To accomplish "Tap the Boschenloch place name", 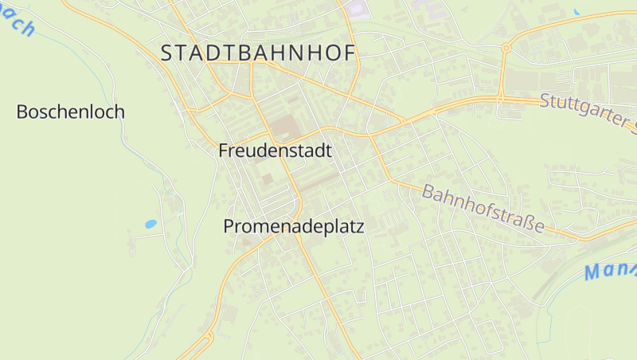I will pos(71,112).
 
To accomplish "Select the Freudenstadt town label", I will pos(275,151).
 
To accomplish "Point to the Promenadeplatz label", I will pos(293,226).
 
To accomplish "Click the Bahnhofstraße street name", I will pos(483,209).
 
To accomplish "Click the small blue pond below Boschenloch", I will pos(150,225).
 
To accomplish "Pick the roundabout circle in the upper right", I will pos(506,48).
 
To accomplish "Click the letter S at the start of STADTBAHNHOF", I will pos(167,53).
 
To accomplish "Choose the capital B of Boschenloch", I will pos(21,112).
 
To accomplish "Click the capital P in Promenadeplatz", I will pos(229,226).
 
